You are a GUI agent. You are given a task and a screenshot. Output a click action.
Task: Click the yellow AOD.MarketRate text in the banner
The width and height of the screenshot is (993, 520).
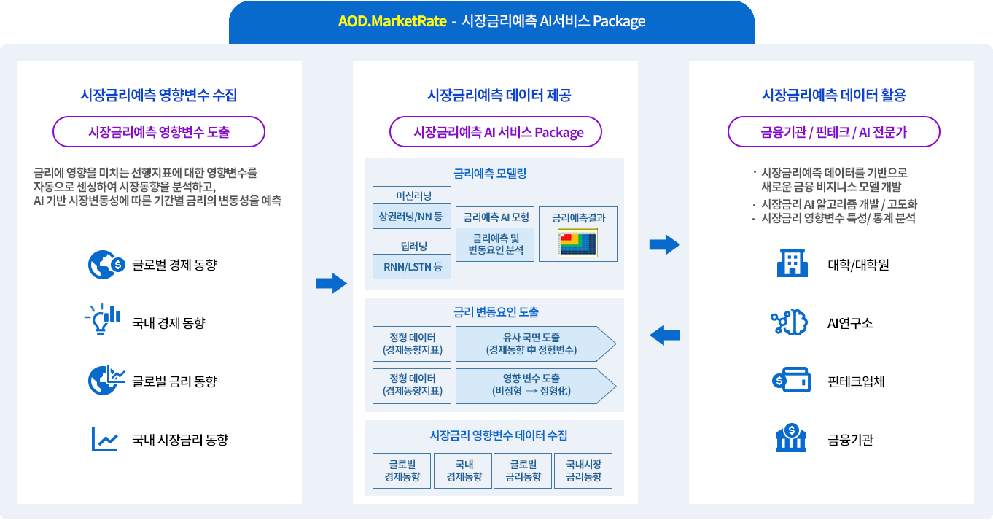392,21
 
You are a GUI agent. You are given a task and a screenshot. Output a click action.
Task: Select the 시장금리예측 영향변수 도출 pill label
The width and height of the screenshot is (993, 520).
159,132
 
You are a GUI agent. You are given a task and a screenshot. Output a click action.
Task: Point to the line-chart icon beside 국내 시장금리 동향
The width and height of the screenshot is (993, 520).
105,440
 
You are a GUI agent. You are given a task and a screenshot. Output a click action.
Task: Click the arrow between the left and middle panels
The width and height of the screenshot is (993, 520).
331,283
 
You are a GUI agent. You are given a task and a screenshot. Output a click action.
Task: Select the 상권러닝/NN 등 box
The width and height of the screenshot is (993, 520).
412,216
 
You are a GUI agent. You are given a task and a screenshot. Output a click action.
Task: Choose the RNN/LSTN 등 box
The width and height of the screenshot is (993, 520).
412,267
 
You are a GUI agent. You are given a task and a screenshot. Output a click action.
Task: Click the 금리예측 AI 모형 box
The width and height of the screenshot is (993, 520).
495,217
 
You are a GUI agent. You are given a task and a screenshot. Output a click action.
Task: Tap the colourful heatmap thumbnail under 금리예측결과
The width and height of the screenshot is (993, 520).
577,244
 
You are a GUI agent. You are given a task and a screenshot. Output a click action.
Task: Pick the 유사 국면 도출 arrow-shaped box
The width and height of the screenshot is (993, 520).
535,344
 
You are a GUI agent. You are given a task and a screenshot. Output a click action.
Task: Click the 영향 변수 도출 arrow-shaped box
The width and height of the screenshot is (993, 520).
535,385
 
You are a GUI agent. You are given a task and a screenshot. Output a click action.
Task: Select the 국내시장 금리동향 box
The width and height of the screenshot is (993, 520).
583,470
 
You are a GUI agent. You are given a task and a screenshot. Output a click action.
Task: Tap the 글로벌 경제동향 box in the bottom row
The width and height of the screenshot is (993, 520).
402,470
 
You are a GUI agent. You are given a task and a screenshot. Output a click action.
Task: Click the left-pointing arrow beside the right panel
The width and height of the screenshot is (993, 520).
664,335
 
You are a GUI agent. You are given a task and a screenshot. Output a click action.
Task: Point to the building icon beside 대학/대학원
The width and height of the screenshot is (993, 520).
793,264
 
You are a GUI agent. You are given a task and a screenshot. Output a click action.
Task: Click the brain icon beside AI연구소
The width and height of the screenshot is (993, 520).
787,322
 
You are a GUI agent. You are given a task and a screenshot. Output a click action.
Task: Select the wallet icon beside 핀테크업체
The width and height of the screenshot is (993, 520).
791,381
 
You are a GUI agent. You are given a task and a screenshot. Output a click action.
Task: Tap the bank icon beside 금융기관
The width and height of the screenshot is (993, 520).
792,439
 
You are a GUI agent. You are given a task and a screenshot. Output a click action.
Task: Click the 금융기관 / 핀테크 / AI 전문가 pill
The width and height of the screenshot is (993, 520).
834,132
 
